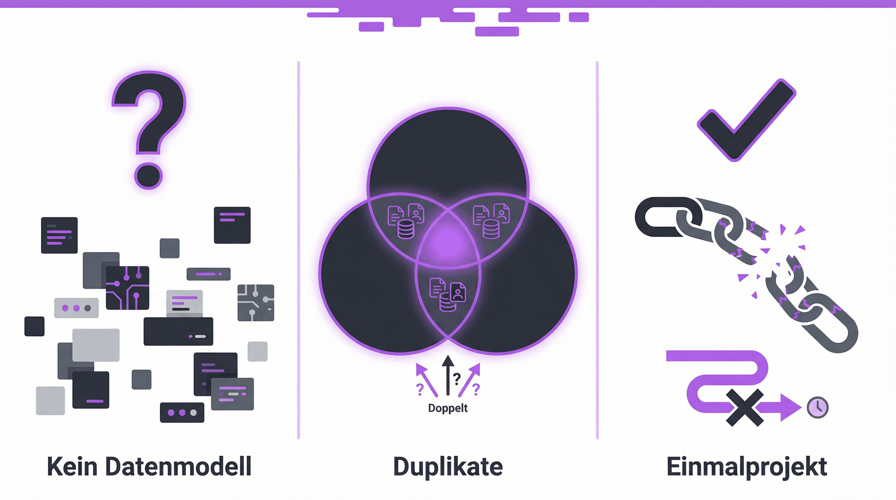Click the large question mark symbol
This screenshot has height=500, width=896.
(149, 129)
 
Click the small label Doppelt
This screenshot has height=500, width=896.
(448, 408)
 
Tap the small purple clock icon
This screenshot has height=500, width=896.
(818, 407)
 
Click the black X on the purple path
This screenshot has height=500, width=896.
(745, 408)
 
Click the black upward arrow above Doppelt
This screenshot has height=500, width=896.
(448, 376)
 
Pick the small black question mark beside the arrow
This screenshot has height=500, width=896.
(457, 378)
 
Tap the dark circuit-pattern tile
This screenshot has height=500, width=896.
(127, 287)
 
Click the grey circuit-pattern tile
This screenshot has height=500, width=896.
(256, 302)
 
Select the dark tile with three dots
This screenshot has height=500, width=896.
(182, 413)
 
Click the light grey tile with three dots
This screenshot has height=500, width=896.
(76, 308)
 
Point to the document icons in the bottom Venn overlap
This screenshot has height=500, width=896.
(448, 294)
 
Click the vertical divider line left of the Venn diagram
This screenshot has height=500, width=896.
(299, 250)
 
